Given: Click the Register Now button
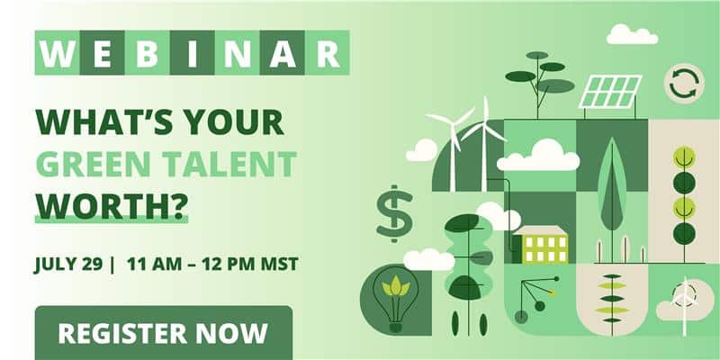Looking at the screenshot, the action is [164, 333].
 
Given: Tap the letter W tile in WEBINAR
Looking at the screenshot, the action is [58, 53].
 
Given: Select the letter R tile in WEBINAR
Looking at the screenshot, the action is [328, 53].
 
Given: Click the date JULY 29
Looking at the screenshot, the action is [68, 265].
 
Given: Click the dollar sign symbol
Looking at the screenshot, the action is [394, 213].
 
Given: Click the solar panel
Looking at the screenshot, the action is [610, 92].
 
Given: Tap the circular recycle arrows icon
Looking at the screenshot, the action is [684, 84].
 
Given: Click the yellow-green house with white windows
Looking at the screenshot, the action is [540, 245].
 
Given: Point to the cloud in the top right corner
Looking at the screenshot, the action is [633, 34].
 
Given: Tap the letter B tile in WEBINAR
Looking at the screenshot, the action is [148, 53].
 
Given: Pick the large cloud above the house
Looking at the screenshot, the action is [538, 155].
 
